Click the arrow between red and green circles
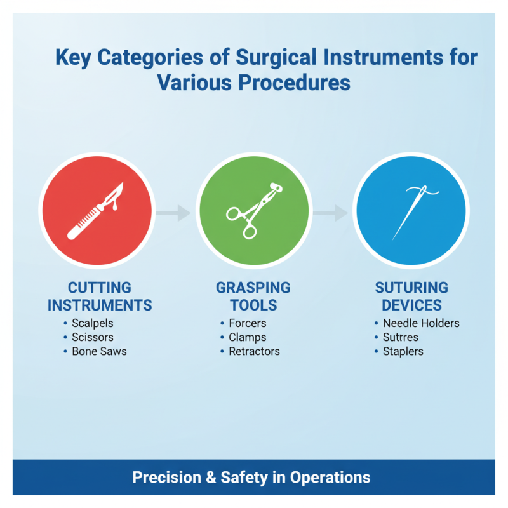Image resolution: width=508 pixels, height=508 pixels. coord(173,213)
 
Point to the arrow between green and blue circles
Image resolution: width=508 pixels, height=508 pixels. coord(331,213)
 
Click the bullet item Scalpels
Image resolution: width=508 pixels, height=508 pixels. coord(92,323)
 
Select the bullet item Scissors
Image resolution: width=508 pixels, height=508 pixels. coord(93,337)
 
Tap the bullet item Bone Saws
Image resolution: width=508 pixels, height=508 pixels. coord(99,351)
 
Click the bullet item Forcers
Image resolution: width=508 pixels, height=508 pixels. coord(248,323)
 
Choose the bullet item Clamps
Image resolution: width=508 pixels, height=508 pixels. coord(248,337)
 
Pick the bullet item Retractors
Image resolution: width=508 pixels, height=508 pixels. coord(254,351)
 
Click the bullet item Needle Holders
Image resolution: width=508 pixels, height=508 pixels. coord(420,323)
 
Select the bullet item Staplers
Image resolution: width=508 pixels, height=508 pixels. coord(403,351)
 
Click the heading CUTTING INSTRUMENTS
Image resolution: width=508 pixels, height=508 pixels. coord(100,297)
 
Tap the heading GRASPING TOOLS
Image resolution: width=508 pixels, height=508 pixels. coord(253,297)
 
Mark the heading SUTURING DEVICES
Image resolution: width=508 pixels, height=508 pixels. coord(411,297)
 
